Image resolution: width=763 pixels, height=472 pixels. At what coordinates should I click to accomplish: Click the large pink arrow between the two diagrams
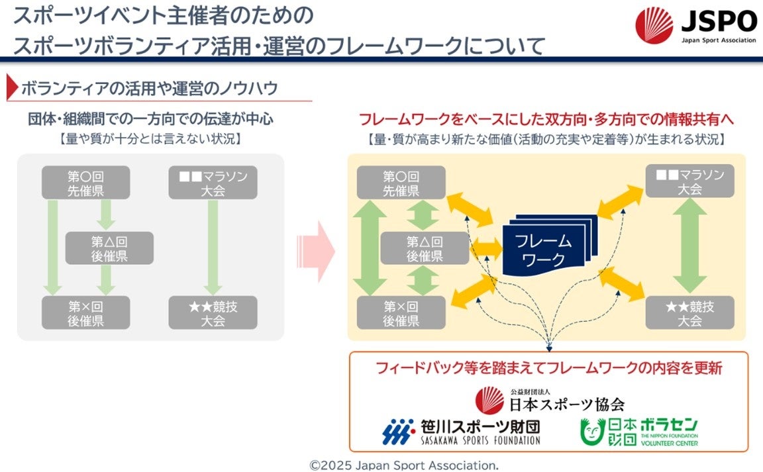coord(316,251)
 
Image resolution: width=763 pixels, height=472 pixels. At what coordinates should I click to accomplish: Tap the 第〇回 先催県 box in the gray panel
coord(86,183)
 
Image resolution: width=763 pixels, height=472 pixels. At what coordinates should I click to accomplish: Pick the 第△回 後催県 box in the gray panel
coord(109,248)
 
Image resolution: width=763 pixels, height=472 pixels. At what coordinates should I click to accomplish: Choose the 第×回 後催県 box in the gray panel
coord(86,312)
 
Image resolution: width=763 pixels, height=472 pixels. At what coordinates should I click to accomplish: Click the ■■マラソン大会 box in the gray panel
coord(213,183)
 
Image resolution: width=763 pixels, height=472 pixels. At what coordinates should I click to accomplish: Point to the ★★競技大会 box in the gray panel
coord(213,312)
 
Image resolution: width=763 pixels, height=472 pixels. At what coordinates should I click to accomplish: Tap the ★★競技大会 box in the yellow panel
coord(689,312)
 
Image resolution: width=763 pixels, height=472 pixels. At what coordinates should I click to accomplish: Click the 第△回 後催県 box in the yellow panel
coord(425,248)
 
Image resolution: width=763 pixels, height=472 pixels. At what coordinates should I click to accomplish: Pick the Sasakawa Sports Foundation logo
coord(462,431)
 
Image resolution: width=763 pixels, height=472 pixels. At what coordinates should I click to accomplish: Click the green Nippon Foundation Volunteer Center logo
coord(638,432)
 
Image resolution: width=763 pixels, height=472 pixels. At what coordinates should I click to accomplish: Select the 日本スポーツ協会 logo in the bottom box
coord(549,399)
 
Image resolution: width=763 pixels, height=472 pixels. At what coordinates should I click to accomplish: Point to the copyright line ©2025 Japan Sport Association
coord(404,464)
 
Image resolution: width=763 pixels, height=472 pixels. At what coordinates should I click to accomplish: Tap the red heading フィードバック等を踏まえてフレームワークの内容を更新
coord(548,369)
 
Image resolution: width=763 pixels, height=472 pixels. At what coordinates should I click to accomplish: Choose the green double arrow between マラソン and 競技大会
coord(690,247)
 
